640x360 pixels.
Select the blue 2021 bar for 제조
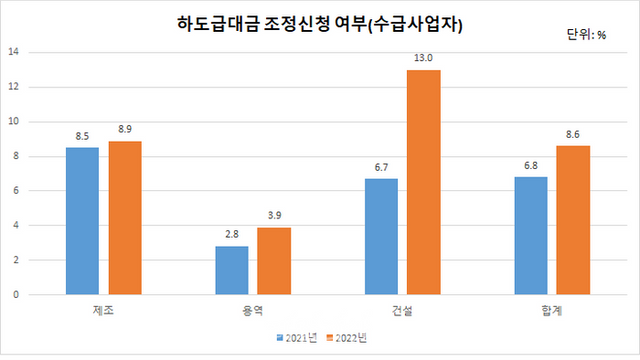click(x=83, y=221)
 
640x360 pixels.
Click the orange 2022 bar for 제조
click(x=125, y=218)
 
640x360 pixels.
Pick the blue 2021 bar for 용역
click(x=232, y=270)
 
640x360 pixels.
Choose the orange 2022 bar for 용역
click(x=274, y=261)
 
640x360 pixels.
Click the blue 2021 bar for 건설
click(x=381, y=237)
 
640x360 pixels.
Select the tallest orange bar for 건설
click(x=423, y=182)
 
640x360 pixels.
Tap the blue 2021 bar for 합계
click(x=531, y=236)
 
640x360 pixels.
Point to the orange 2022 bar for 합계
click(x=573, y=220)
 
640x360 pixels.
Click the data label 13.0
click(x=423, y=58)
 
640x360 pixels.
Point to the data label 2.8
click(x=232, y=235)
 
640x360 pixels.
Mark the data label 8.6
click(x=573, y=134)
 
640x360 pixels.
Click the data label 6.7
click(x=381, y=167)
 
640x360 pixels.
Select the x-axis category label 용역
click(x=253, y=311)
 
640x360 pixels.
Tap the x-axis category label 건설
click(x=402, y=311)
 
